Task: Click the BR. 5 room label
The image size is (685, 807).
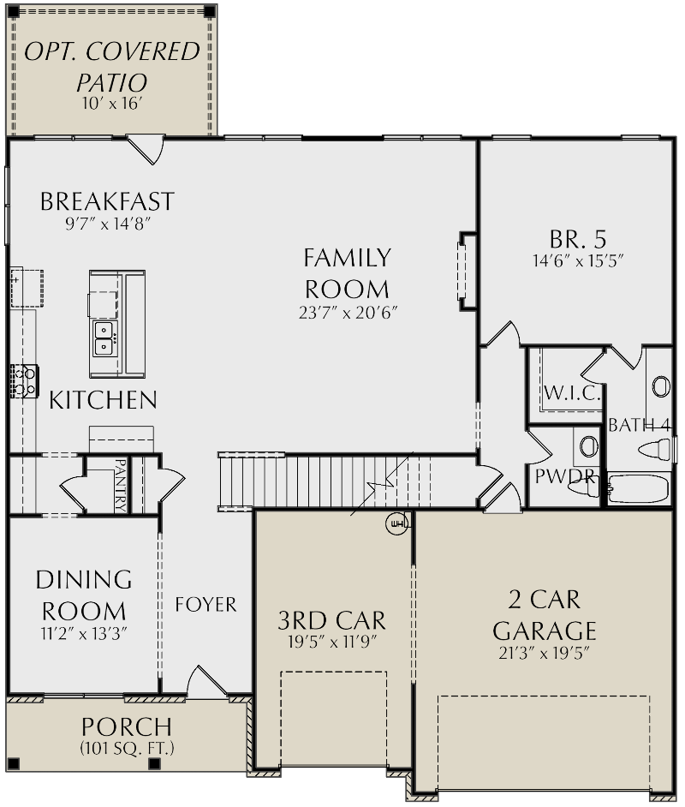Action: point(577,237)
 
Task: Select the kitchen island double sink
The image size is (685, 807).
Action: point(104,338)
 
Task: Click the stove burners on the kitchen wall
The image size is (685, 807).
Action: point(24,381)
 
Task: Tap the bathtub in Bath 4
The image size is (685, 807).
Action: point(641,488)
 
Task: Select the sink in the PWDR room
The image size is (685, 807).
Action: point(587,446)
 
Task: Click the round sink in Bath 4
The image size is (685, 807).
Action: point(661,387)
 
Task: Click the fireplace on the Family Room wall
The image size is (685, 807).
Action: point(465,270)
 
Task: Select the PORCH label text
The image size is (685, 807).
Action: point(127,726)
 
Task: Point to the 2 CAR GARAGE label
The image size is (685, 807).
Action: point(545,615)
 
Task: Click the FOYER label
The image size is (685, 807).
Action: point(205,605)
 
